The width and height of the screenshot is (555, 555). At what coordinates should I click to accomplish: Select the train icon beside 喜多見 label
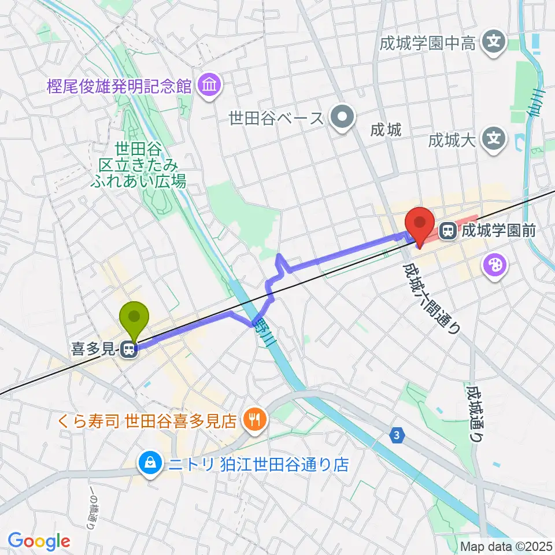click(128, 349)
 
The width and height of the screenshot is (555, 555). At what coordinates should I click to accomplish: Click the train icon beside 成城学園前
click(447, 231)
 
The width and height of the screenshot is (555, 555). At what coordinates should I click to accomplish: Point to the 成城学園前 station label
click(497, 232)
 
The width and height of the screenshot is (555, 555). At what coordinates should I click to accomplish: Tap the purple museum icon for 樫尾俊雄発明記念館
click(208, 86)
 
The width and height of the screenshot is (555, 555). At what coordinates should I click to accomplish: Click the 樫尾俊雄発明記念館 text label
click(119, 87)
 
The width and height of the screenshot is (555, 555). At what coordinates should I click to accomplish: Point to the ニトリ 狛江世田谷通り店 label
click(255, 464)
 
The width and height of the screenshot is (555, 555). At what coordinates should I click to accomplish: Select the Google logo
click(39, 541)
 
